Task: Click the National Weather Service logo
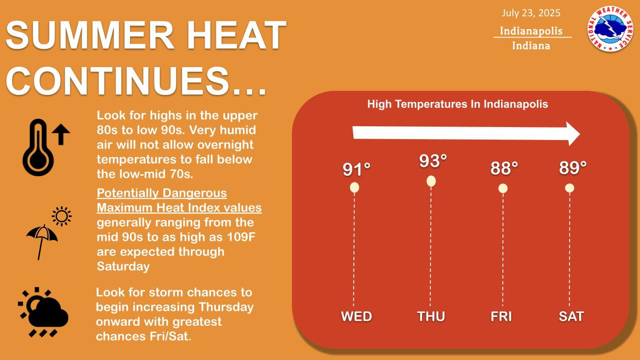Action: pos(610,29)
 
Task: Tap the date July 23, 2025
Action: pos(531,13)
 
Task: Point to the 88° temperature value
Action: pos(504,168)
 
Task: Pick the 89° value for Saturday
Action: pos(573,168)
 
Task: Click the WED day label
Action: pos(357,317)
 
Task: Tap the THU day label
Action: pos(431,317)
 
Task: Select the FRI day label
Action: pos(501,317)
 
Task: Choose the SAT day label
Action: pos(571,317)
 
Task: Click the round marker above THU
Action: pos(431,181)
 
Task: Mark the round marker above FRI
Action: pos(503,189)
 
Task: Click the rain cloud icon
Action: pos(43,312)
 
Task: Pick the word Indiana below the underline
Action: pos(531,46)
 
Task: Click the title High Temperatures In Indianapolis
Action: pos(458,104)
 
